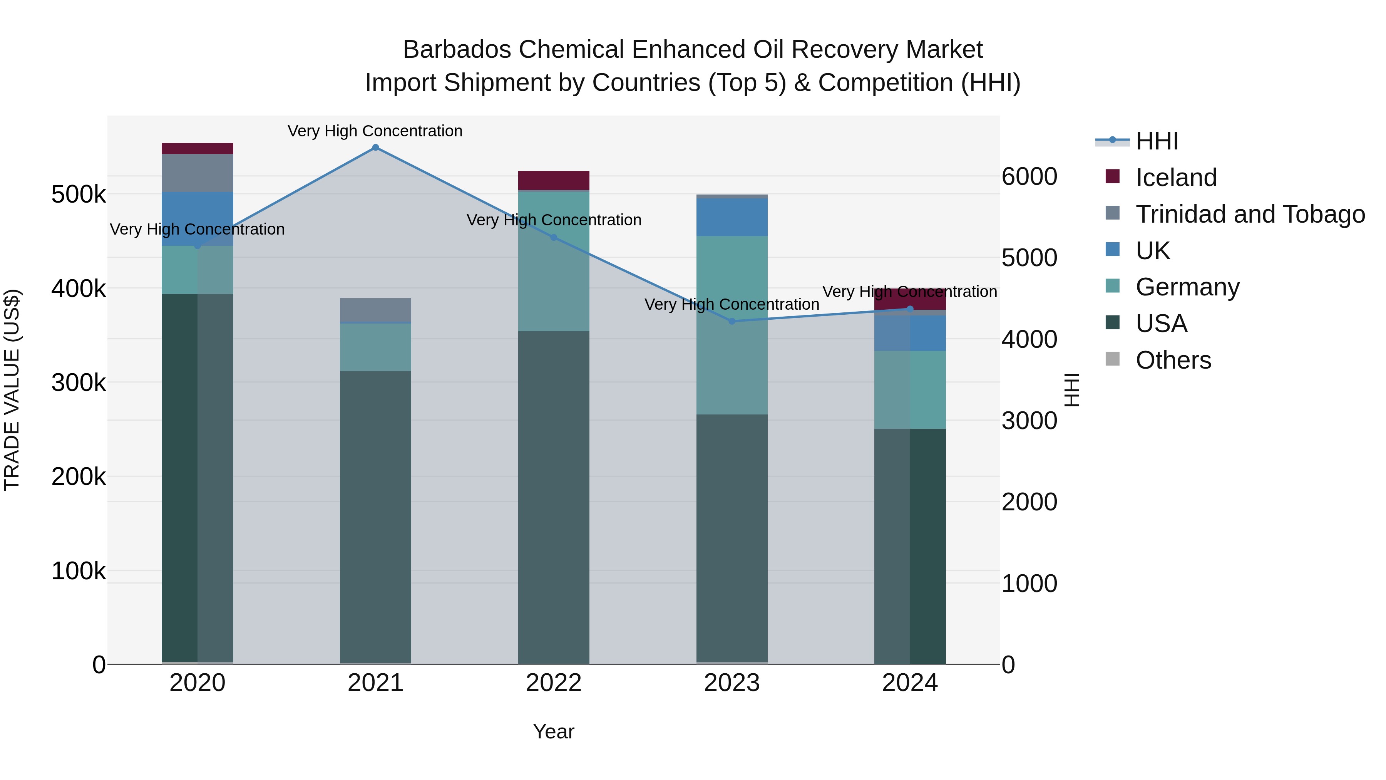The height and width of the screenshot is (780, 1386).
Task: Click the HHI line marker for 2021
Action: coord(375,148)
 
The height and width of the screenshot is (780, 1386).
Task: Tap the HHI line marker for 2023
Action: coord(732,321)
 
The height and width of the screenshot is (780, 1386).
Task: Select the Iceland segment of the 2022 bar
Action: coord(554,180)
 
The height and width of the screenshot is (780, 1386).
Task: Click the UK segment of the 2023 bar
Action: coord(732,217)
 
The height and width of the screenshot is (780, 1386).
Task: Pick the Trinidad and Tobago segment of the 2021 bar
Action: coord(375,310)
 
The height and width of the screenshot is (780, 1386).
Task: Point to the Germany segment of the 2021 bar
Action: coord(375,347)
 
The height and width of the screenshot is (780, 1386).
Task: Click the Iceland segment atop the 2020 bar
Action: coord(198,149)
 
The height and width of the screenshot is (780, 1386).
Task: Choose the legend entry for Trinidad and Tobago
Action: coord(1250,214)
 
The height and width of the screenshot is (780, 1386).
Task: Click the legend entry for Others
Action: coord(1173,360)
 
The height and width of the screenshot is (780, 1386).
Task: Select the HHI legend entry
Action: coord(1157,141)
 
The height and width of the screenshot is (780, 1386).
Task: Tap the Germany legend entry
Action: coord(1187,287)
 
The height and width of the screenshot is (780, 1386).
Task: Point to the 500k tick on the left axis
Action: coord(79,195)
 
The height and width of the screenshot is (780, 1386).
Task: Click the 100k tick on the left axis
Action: coord(79,570)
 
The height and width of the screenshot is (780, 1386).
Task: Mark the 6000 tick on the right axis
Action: coord(1029,176)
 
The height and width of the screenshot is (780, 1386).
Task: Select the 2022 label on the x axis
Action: coord(554,683)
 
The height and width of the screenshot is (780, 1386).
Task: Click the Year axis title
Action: coord(554,731)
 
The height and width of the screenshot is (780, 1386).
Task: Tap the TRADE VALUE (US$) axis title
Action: coord(12,390)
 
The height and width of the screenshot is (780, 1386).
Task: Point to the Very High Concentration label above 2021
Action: coord(375,131)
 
